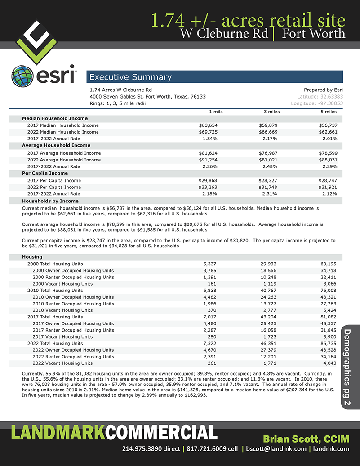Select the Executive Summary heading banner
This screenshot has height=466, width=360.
(215, 77)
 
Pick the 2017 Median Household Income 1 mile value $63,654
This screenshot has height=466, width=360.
(208, 125)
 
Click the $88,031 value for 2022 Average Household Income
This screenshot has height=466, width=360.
(327, 160)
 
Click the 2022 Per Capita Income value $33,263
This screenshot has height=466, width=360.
(208, 187)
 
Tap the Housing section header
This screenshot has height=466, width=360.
(32, 257)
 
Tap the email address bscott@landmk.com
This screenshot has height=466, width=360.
(276, 448)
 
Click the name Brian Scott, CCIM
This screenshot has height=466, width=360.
(306, 439)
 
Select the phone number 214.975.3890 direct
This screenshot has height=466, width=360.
(151, 448)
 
